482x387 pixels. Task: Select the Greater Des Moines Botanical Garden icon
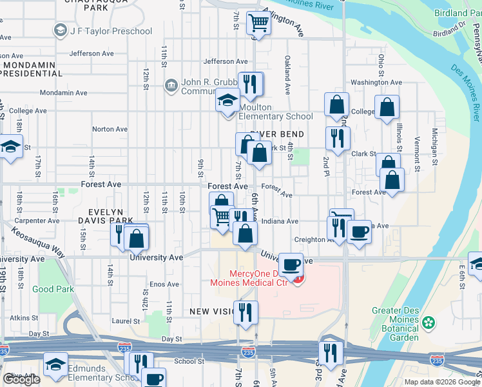click(426, 322)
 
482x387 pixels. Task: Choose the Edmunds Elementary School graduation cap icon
click(56, 364)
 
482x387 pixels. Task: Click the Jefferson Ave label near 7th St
click(226, 61)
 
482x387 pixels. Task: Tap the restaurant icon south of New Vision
click(246, 312)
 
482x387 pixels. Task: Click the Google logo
click(21, 379)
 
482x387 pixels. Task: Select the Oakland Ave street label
click(286, 70)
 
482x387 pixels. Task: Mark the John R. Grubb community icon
click(171, 86)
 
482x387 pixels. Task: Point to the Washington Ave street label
click(377, 83)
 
